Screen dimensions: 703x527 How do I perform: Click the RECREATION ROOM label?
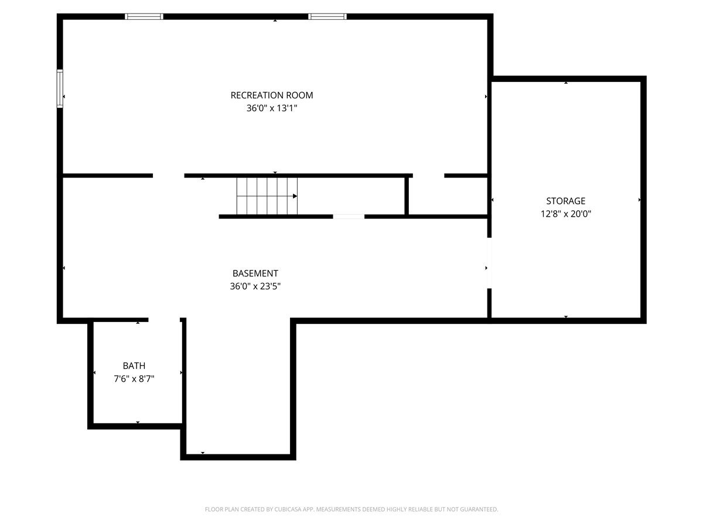[272, 95]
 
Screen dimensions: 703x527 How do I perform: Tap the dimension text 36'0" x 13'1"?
[272, 108]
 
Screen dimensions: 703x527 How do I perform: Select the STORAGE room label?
[565, 201]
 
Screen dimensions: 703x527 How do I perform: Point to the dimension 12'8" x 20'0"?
[565, 214]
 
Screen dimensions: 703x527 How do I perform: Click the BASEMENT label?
[255, 273]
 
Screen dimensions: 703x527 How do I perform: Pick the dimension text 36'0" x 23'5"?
[255, 286]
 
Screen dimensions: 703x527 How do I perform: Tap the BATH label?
[134, 365]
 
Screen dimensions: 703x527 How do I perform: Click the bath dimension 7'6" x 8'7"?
[134, 379]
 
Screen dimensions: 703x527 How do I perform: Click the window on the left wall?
[60, 88]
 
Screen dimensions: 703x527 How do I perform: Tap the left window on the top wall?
[144, 16]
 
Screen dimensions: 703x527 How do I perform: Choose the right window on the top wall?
[327, 16]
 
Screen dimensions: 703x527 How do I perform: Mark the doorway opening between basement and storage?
[489, 263]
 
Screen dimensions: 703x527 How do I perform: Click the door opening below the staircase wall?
[349, 217]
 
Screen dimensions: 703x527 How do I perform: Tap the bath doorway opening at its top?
[164, 320]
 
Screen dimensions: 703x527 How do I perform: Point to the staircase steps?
[267, 196]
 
